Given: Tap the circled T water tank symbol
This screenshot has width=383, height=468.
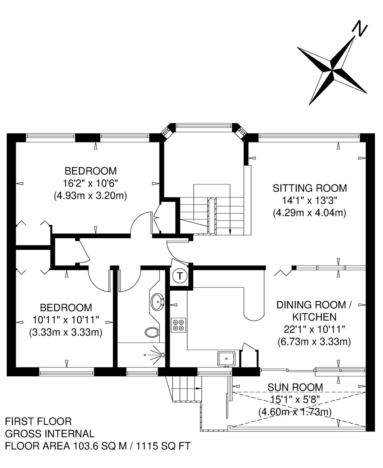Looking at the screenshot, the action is click(x=180, y=276).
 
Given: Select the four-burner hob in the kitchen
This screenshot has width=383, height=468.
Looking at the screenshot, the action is click(x=178, y=325).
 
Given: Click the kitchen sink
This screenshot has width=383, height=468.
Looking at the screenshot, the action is click(x=226, y=359).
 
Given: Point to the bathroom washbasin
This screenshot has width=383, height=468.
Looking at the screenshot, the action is click(x=158, y=302).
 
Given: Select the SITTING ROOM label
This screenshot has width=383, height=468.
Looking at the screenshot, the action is click(x=310, y=188).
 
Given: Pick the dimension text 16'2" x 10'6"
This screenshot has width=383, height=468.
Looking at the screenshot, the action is click(x=91, y=183).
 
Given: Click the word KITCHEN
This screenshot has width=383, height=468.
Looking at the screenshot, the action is click(x=314, y=317).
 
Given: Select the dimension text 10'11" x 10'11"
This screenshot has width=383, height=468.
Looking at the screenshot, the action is click(x=66, y=320).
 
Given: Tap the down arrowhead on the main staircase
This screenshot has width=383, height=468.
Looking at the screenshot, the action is click(x=230, y=232).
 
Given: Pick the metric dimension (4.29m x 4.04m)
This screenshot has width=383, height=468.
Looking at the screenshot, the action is click(x=310, y=213).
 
